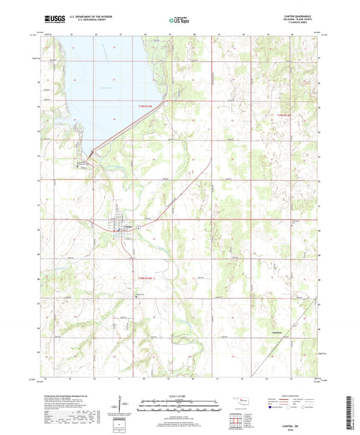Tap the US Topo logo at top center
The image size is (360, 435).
(179, 21)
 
